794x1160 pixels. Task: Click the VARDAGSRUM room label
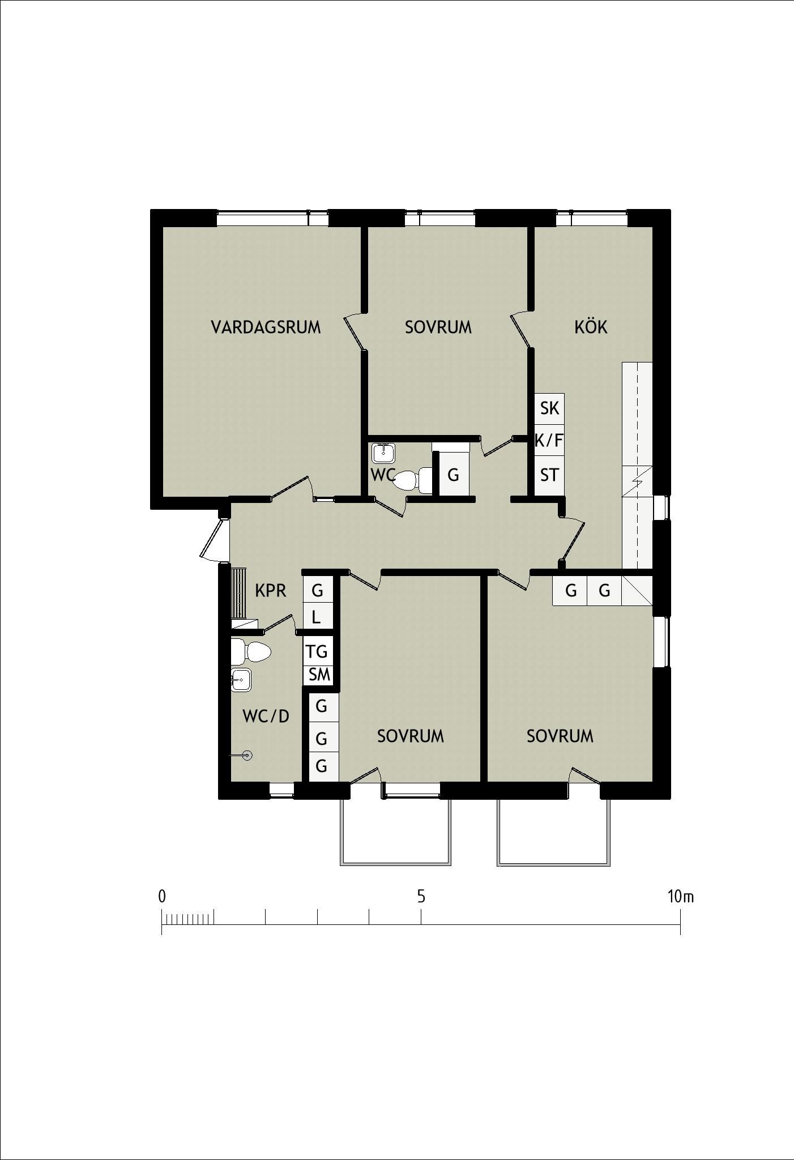266,327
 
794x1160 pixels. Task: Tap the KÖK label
591,327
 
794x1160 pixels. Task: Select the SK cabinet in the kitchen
550,408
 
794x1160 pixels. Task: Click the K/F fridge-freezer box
550,440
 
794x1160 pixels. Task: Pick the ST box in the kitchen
550,475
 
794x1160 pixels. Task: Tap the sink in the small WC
383,453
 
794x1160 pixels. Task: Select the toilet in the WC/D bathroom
251,652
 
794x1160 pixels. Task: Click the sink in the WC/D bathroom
241,680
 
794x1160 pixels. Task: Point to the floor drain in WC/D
246,755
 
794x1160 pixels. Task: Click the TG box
317,651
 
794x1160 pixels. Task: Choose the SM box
319,675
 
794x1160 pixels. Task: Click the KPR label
270,591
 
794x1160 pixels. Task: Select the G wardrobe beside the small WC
454,475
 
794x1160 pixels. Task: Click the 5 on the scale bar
421,897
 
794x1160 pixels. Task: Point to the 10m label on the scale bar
680,897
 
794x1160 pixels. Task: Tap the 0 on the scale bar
162,897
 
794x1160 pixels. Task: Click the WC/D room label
266,717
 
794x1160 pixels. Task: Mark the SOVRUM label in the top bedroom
438,327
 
